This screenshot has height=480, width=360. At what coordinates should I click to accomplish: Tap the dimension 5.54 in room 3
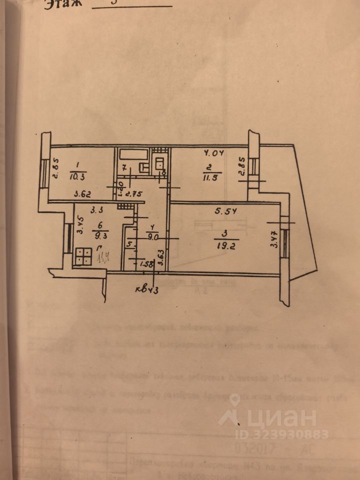[x=224, y=211]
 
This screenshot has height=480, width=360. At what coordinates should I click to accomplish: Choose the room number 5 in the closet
[x=129, y=244]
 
